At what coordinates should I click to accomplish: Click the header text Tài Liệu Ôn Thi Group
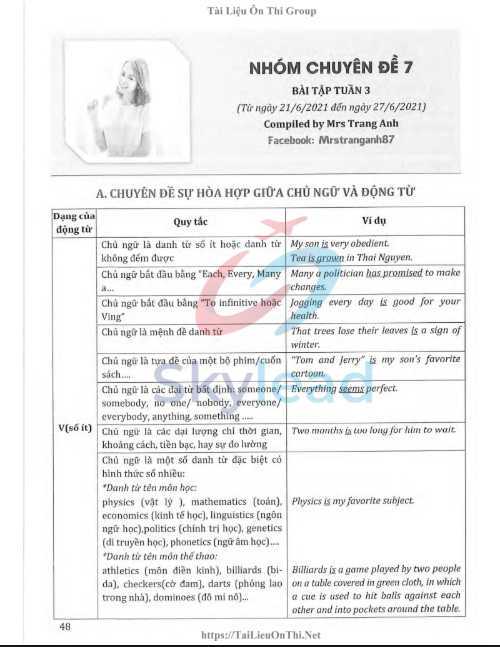pyautogui.click(x=250, y=11)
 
